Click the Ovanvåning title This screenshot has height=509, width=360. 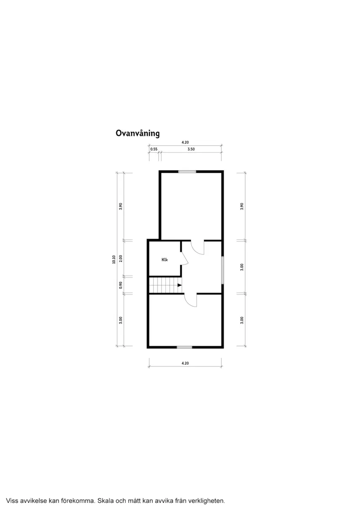point(137,133)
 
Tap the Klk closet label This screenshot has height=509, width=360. point(165,260)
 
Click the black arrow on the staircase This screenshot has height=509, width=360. point(180,285)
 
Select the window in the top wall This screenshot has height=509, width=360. point(187,171)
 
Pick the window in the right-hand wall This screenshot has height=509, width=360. point(223,270)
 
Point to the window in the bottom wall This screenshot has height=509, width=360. point(185,347)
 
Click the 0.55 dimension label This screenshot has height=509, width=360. point(154,149)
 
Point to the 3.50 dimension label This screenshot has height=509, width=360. point(191,149)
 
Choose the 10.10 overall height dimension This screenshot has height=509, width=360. point(114,260)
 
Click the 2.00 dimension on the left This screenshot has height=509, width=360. point(120,258)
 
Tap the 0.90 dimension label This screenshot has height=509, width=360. point(120,285)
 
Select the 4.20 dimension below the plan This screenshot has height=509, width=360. point(185,363)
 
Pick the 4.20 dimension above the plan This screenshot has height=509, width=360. point(185,142)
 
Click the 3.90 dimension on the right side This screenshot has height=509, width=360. point(242,206)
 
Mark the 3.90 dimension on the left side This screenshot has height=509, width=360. point(120,206)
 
